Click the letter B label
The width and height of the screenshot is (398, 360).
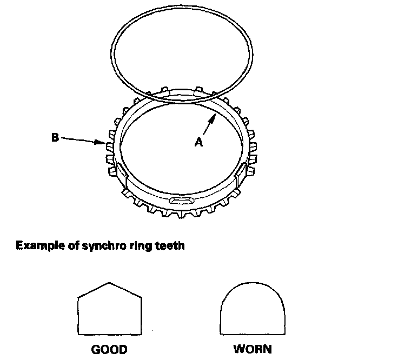point(55,138)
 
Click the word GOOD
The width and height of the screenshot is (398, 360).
point(109,349)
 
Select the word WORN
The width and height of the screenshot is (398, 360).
point(253,349)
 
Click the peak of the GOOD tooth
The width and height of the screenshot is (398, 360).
point(110,283)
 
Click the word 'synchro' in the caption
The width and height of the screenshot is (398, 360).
point(97,246)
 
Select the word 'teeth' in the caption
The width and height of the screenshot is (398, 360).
point(170,246)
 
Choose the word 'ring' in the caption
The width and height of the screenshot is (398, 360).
point(138,246)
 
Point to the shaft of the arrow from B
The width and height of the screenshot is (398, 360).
point(81,141)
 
